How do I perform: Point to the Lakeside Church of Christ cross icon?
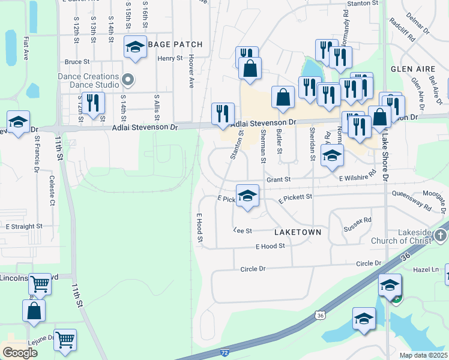tap(441, 235)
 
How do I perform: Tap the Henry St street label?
tap(170, 58)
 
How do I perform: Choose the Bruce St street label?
tap(77, 61)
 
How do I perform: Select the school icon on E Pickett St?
tap(247, 196)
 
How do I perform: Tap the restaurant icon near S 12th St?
tap(92, 103)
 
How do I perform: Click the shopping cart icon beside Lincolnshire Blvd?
tap(40, 283)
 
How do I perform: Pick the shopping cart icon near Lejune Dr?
tap(65, 339)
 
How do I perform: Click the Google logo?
tap(20, 353)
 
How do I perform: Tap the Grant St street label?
tap(279, 179)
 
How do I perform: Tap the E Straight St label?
tap(24, 227)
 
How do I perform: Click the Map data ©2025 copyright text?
tap(423, 355)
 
